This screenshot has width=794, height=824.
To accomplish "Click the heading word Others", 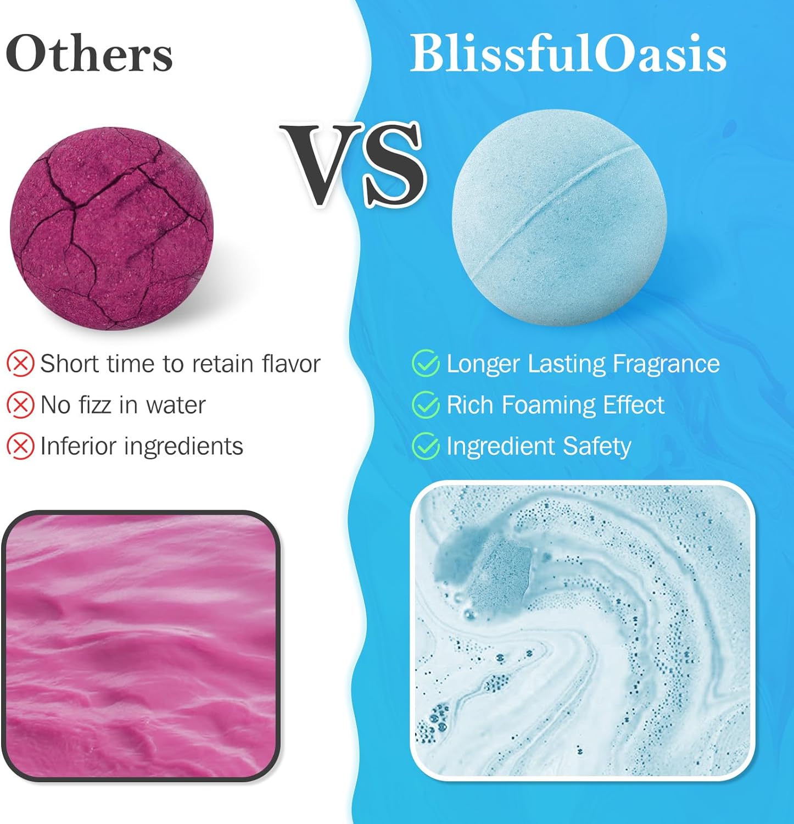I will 89,54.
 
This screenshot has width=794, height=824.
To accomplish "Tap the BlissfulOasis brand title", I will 568,54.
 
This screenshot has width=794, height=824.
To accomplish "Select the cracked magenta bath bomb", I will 111,229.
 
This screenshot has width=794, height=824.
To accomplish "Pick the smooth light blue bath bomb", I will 559,218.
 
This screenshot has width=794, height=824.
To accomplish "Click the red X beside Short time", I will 20,364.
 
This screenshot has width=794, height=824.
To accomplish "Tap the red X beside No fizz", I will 20,405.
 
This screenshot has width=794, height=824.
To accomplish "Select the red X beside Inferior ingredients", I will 20,446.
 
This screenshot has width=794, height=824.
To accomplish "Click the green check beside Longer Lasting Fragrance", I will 426,364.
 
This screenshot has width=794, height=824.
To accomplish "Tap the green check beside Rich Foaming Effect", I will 426,405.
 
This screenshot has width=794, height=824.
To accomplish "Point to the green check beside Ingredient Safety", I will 426,446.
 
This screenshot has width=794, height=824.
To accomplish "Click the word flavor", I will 291,364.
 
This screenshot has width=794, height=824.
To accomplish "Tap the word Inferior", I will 78,446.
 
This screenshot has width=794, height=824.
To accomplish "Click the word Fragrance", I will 666,364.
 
